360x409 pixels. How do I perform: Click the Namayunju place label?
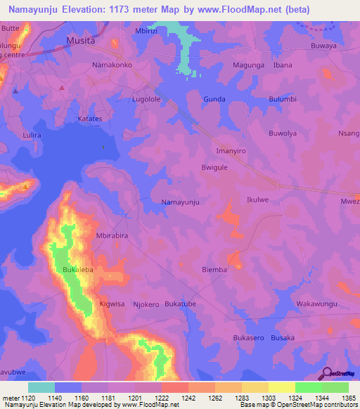[181, 202]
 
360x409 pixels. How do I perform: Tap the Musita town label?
[79, 41]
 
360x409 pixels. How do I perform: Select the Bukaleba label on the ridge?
[78, 269]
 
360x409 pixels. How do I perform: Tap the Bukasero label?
[248, 338]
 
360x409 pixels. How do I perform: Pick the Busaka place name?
[283, 338]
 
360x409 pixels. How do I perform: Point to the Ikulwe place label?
[258, 200]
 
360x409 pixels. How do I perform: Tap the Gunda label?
[214, 99]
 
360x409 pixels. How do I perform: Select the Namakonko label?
[112, 65]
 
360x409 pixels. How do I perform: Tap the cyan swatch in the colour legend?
[41, 387]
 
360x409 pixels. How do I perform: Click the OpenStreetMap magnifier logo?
[326, 374]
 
